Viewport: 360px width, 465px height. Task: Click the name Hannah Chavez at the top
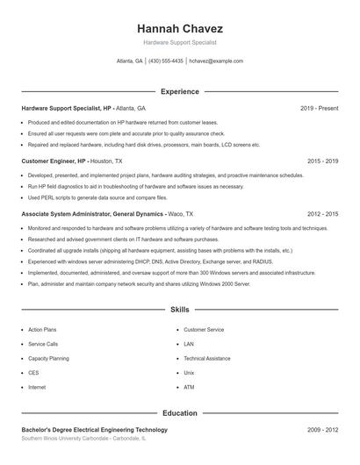(x=179, y=28)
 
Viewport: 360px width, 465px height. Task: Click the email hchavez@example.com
(x=216, y=61)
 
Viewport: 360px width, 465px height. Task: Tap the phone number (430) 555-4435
(x=166, y=61)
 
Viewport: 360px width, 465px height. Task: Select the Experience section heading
(x=179, y=91)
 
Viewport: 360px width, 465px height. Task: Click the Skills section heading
(x=179, y=310)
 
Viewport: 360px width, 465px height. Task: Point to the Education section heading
(x=179, y=412)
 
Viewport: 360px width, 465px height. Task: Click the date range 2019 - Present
(x=320, y=108)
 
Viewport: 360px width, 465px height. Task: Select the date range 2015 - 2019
(x=323, y=161)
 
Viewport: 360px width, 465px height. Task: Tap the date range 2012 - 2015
(x=323, y=214)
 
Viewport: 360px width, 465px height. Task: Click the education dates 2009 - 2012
(x=323, y=430)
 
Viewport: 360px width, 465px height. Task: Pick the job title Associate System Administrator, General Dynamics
(x=92, y=214)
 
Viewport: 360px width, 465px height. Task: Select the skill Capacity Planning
(x=49, y=358)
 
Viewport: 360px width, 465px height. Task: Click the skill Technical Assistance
(x=207, y=358)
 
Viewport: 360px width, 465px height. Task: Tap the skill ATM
(x=189, y=387)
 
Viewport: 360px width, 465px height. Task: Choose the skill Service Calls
(x=43, y=344)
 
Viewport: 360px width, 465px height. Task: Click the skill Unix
(x=189, y=373)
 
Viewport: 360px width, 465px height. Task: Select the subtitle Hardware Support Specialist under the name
(x=179, y=42)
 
